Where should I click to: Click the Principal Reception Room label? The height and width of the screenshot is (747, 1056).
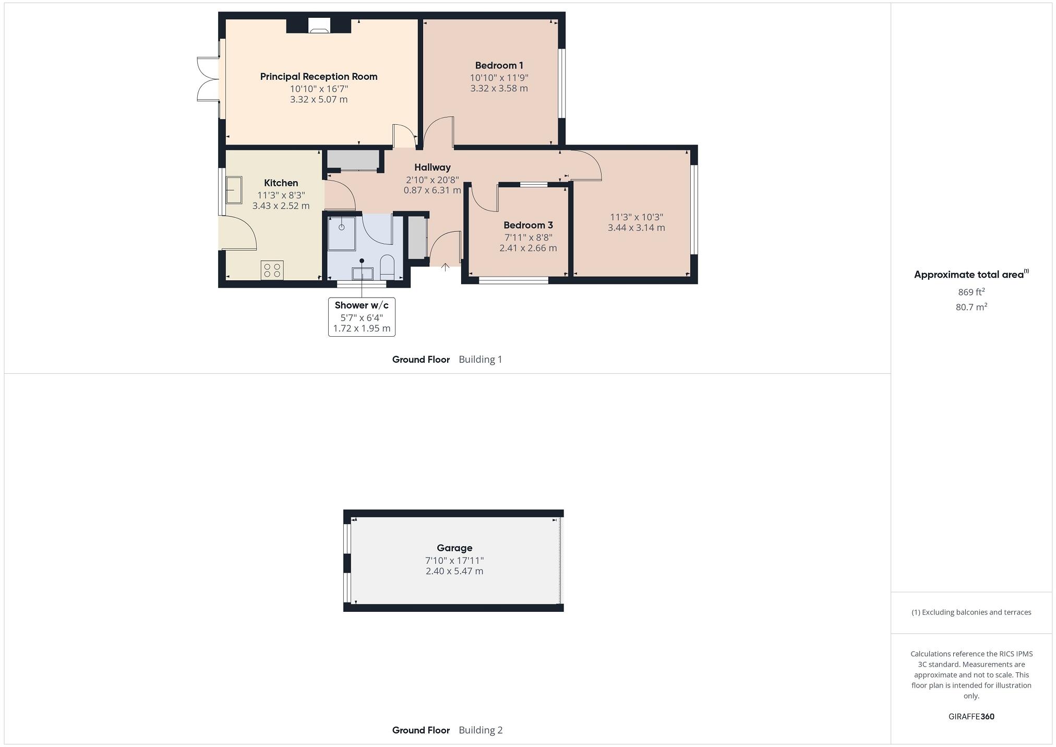click(318, 77)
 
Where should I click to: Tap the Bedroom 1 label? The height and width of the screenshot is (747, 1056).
click(499, 66)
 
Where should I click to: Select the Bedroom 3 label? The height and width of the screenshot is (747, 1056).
click(528, 226)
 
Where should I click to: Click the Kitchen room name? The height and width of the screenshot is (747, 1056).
click(281, 183)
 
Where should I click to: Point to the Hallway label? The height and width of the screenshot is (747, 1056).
click(432, 168)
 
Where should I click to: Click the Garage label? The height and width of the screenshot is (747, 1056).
click(454, 548)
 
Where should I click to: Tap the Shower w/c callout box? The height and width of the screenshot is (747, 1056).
click(362, 317)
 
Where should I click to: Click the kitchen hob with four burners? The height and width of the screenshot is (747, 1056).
click(272, 270)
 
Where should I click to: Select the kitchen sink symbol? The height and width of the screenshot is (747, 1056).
click(234, 189)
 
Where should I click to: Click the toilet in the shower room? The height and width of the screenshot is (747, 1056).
click(387, 266)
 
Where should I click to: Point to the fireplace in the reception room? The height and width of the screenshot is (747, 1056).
click(318, 27)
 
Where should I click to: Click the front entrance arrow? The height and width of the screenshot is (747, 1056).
click(445, 267)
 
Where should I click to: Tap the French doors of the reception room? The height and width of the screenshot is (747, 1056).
click(208, 79)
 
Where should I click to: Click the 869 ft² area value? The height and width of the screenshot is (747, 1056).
click(971, 292)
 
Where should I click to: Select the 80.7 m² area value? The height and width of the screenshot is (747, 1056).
click(971, 307)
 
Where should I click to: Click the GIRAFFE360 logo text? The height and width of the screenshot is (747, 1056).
click(971, 717)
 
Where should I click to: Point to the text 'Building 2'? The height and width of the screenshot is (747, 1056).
click(481, 730)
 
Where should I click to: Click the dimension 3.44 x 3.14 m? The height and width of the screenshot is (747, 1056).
click(636, 228)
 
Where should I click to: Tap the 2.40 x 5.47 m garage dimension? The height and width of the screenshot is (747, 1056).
click(454, 572)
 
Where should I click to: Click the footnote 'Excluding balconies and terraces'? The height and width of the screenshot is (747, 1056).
click(971, 612)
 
